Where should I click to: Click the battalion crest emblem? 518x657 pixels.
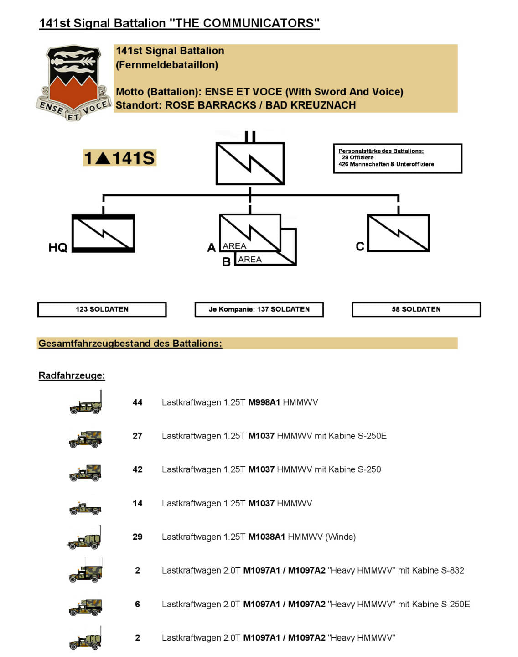(73, 82)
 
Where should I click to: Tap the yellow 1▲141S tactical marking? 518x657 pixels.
(119, 158)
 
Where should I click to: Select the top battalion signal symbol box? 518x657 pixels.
(250, 163)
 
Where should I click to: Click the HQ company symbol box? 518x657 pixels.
(104, 233)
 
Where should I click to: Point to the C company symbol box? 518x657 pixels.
(399, 233)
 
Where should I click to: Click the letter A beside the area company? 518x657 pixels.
(211, 247)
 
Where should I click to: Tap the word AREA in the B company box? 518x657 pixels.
(250, 260)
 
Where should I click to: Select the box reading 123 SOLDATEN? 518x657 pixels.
(102, 309)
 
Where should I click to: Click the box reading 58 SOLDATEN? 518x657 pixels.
(416, 309)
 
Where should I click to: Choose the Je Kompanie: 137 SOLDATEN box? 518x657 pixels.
(259, 309)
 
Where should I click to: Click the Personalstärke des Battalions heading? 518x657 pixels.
(381, 151)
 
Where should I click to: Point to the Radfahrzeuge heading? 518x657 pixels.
(72, 375)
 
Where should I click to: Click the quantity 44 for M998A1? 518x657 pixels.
(137, 402)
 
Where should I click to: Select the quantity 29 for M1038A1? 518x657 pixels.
(137, 537)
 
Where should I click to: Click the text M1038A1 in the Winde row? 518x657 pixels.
(266, 537)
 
